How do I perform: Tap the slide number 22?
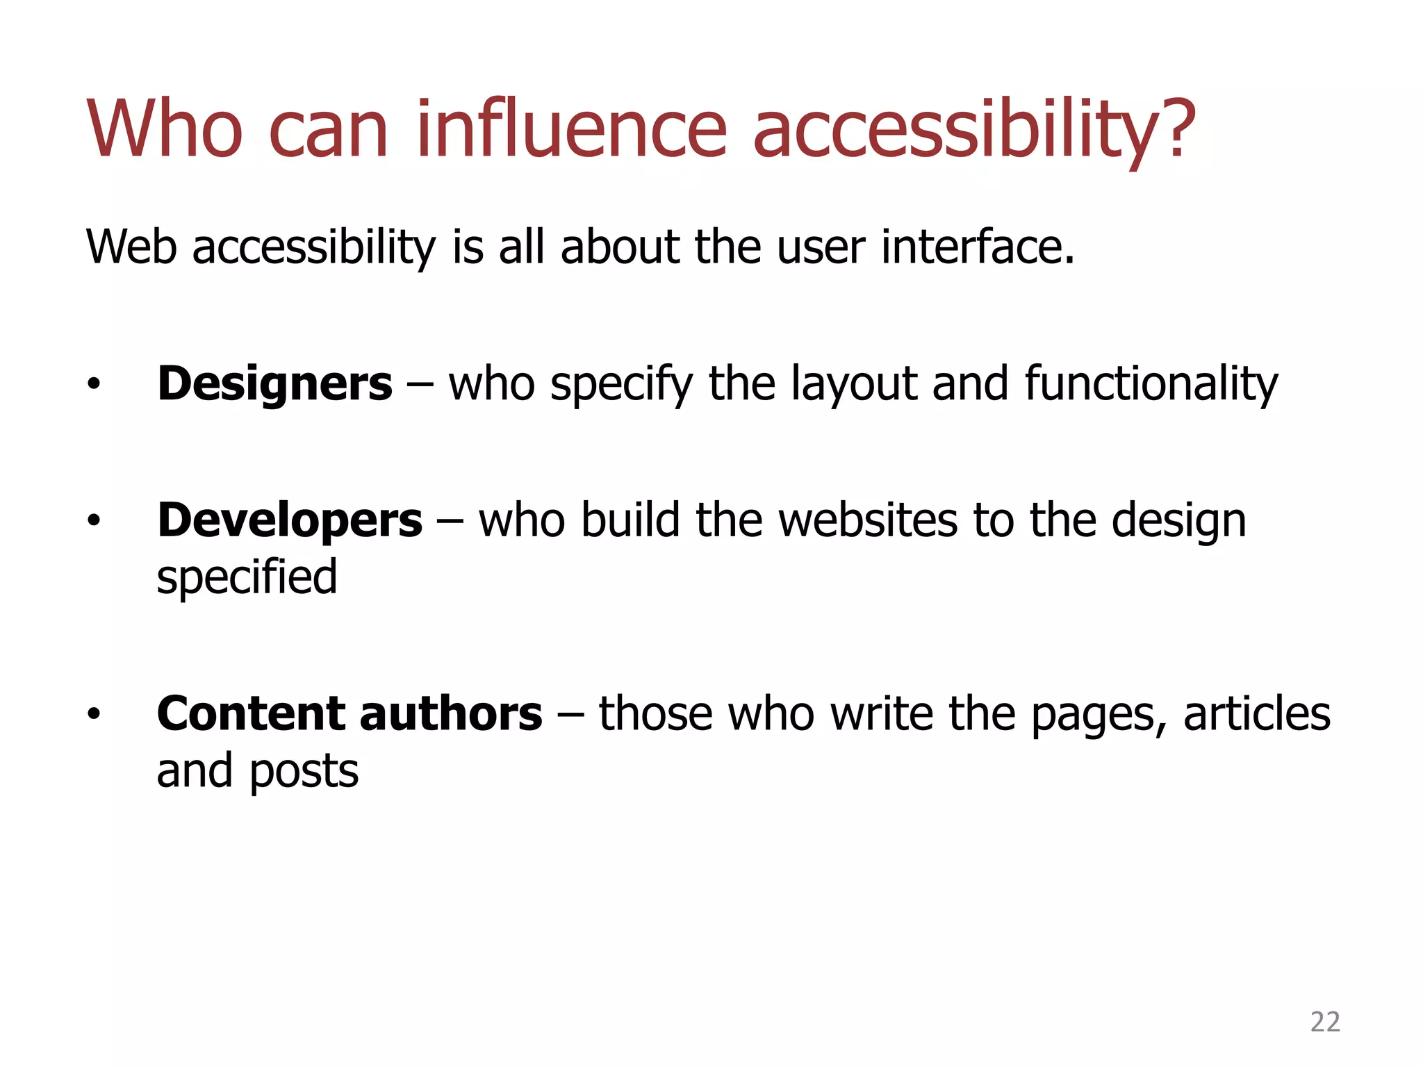[1324, 1022]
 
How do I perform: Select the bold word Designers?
[274, 383]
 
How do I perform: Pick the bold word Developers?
[289, 520]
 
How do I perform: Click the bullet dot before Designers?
[94, 383]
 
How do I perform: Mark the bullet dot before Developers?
[94, 520]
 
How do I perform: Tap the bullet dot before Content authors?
[94, 713]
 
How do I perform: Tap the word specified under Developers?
[247, 578]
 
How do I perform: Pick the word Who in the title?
[165, 129]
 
